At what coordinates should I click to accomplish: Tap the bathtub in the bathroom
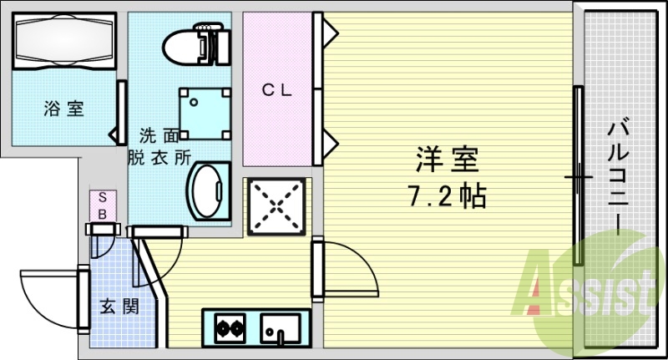tap(63, 43)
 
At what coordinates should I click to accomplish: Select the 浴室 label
tap(63, 108)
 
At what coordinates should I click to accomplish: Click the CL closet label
tap(277, 90)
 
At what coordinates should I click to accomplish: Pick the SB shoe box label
tap(103, 205)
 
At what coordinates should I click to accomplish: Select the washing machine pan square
tap(205, 113)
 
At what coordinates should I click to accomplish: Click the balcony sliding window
tap(576, 175)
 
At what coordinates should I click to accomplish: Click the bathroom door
tap(120, 113)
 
